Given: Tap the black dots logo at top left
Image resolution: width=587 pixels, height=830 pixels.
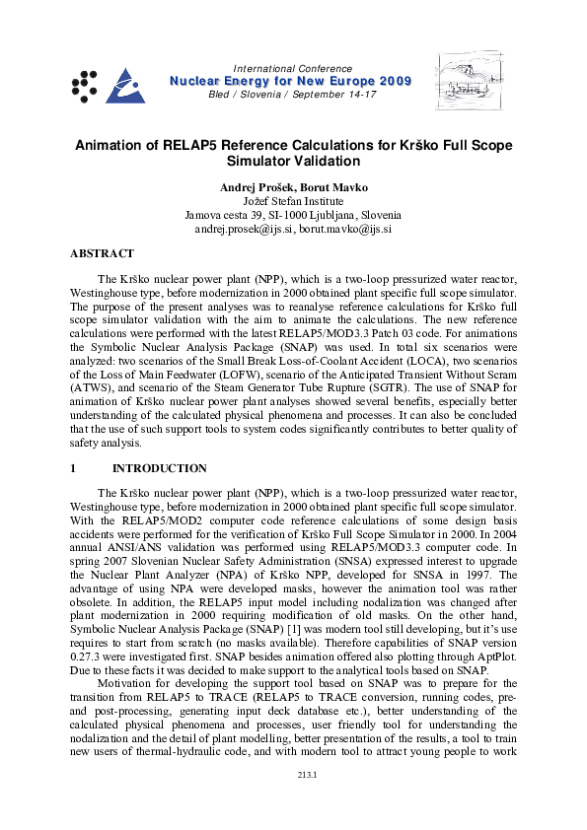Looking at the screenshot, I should tap(84, 85).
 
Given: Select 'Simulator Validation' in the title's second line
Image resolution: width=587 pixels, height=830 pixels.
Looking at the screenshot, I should tap(293, 161).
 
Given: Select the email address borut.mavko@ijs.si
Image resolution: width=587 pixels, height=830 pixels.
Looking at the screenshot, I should tap(345, 228).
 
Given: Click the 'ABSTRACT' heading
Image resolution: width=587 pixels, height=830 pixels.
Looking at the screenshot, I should tap(102, 253).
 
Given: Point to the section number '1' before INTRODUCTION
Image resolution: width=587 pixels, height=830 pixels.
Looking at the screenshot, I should tap(74, 468).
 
